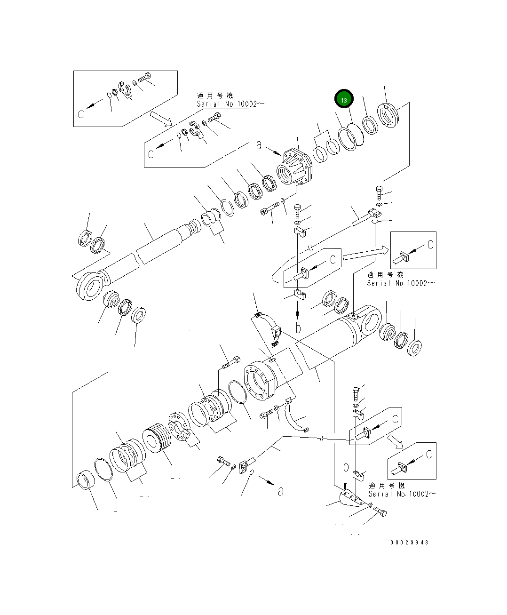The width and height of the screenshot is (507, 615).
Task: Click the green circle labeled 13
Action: click(x=344, y=100)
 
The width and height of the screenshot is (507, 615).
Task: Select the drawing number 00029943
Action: click(x=409, y=542)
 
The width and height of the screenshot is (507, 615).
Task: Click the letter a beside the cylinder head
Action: click(x=259, y=145)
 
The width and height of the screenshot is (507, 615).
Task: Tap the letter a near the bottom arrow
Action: click(x=281, y=491)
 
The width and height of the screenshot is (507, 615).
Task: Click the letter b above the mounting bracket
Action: click(x=346, y=467)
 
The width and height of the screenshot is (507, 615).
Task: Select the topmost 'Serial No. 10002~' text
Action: click(x=227, y=104)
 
